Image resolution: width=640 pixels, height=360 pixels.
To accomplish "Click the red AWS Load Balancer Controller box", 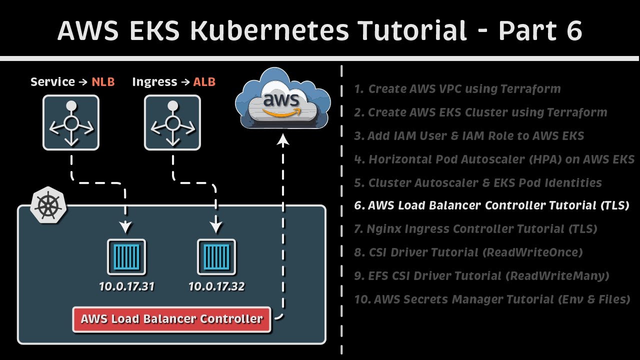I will click(x=171, y=319).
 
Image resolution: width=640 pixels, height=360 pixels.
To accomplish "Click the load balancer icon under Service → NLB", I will click(x=71, y=123).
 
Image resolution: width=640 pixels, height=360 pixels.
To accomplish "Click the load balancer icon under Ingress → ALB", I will click(x=172, y=123).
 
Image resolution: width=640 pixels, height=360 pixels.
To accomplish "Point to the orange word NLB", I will click(x=103, y=82).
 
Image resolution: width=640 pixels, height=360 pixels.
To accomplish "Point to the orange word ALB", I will click(x=204, y=82).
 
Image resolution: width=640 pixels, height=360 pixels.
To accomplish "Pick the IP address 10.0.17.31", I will click(x=126, y=286).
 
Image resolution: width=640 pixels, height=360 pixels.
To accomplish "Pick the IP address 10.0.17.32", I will click(x=216, y=286).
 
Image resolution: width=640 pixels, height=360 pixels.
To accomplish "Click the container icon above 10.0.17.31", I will click(x=126, y=257).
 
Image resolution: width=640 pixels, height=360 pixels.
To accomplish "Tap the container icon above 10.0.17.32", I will click(x=216, y=257).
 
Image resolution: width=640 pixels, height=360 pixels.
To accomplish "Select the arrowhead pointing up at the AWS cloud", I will click(x=283, y=142).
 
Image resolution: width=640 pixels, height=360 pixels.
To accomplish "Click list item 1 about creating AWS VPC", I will click(x=457, y=89).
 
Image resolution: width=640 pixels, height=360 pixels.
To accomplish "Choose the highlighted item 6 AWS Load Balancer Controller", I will click(x=491, y=205).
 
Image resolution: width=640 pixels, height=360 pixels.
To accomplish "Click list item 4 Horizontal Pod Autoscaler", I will click(x=494, y=159).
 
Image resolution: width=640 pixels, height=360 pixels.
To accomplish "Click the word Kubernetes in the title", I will click(x=270, y=31).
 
